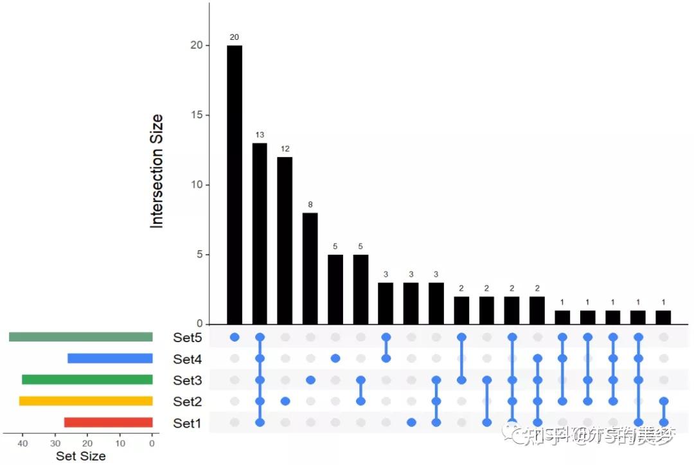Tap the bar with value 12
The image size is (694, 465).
tap(285, 241)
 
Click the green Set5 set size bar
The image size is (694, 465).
tap(81, 337)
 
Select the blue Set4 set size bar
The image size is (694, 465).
tap(110, 358)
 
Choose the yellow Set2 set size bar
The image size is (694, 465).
tap(86, 401)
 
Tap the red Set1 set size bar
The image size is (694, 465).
tap(108, 423)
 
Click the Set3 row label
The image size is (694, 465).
tap(187, 380)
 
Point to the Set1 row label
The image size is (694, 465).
tap(187, 423)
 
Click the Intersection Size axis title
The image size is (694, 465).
tap(157, 171)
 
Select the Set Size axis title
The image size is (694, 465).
tap(80, 456)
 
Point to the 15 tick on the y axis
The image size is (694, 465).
tap(195, 115)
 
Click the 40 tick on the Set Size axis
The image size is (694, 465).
tap(23, 443)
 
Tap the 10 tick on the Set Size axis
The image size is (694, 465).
tap(120, 443)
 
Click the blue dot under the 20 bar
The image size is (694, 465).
tap(235, 337)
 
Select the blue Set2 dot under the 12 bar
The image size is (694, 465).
tap(285, 401)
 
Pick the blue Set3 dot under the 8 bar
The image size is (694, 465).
tap(310, 380)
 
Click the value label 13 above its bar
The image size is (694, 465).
tap(260, 135)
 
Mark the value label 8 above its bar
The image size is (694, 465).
tap(310, 205)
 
